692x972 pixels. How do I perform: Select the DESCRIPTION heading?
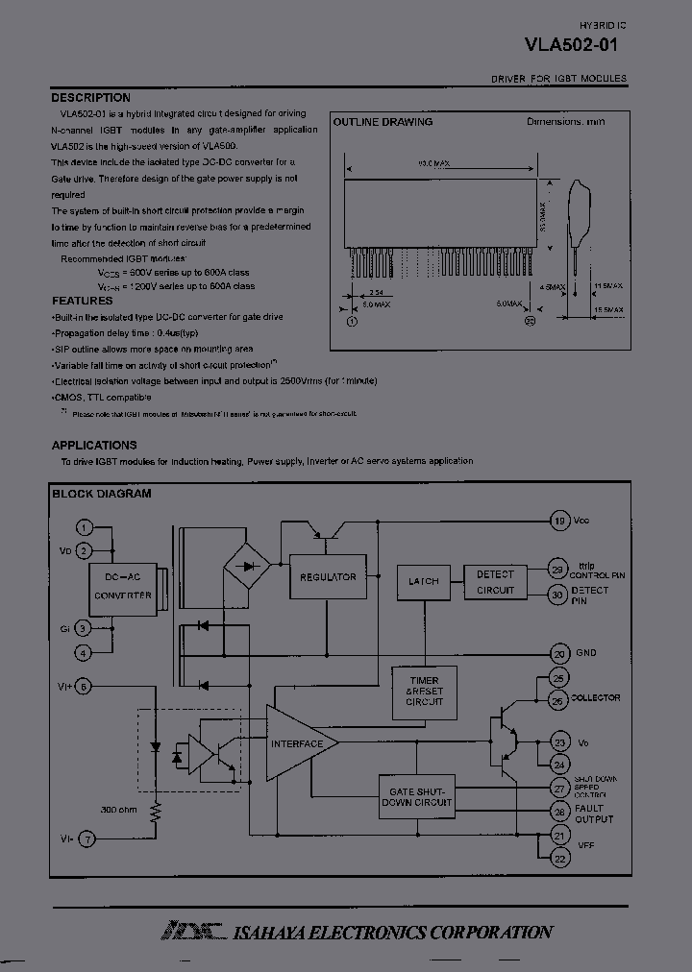click(90, 98)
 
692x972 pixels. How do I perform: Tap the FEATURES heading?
click(82, 301)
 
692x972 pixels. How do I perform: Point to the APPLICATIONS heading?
click(94, 446)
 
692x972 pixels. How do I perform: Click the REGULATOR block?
click(328, 577)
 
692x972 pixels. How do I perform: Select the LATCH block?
click(423, 581)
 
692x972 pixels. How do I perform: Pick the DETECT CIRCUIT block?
click(495, 582)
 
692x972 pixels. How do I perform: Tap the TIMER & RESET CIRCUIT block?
click(424, 691)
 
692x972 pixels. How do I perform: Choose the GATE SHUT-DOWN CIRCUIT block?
click(416, 796)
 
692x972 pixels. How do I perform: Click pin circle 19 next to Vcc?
click(558, 521)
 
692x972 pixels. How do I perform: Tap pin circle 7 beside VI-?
click(86, 838)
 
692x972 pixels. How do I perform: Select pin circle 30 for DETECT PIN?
click(557, 595)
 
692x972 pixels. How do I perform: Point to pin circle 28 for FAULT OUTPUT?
click(558, 813)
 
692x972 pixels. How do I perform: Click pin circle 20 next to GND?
click(558, 653)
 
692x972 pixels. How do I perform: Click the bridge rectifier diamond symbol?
click(247, 565)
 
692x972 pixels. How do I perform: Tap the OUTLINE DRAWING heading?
click(383, 122)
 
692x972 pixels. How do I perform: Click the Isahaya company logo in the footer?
click(191, 931)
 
